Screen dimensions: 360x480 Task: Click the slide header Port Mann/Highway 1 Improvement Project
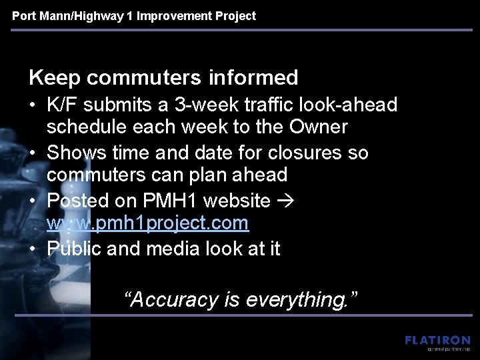point(134,16)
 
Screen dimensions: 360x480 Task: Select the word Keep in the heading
point(53,78)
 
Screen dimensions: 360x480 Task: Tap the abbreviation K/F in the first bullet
point(64,105)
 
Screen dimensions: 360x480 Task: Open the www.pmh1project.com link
point(147,223)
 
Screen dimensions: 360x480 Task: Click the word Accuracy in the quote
point(174,300)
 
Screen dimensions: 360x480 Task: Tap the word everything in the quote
point(301,300)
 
